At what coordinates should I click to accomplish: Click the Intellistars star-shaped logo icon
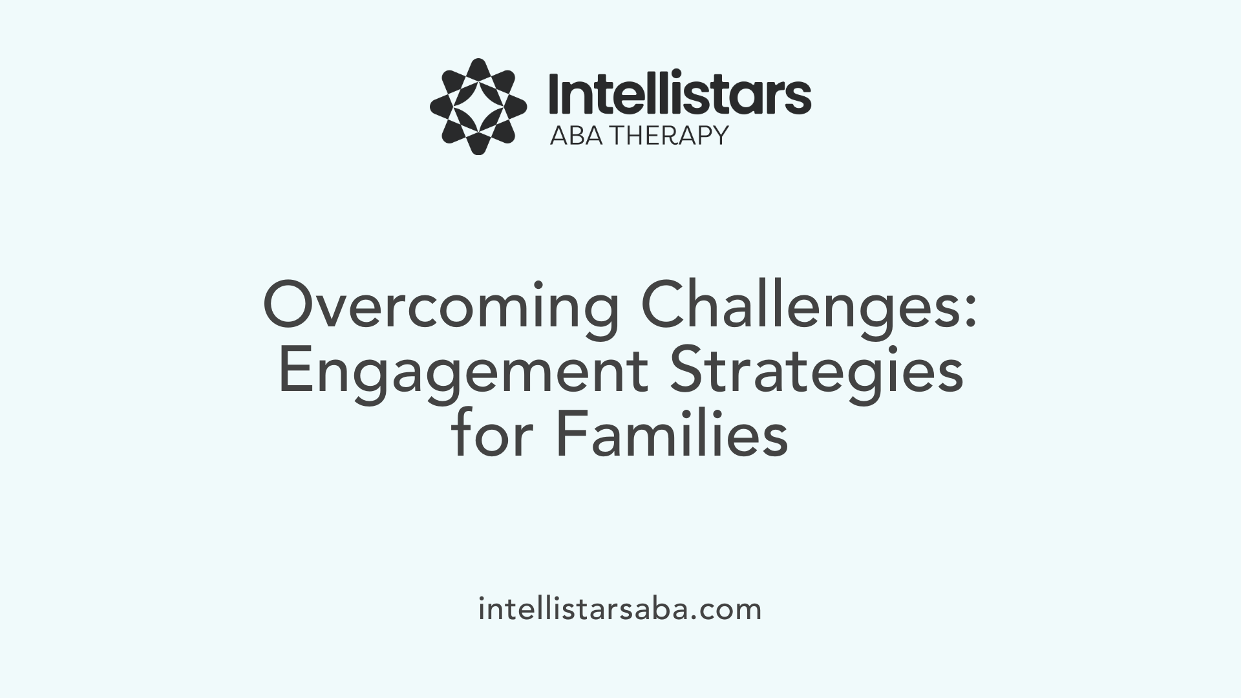(x=478, y=107)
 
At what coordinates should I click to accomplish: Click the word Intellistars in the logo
(x=679, y=94)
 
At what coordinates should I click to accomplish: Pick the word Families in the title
(x=672, y=436)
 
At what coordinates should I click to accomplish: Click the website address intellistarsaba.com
(x=620, y=609)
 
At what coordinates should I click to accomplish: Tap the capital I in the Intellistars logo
(x=555, y=94)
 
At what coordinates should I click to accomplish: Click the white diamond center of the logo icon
(x=478, y=107)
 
